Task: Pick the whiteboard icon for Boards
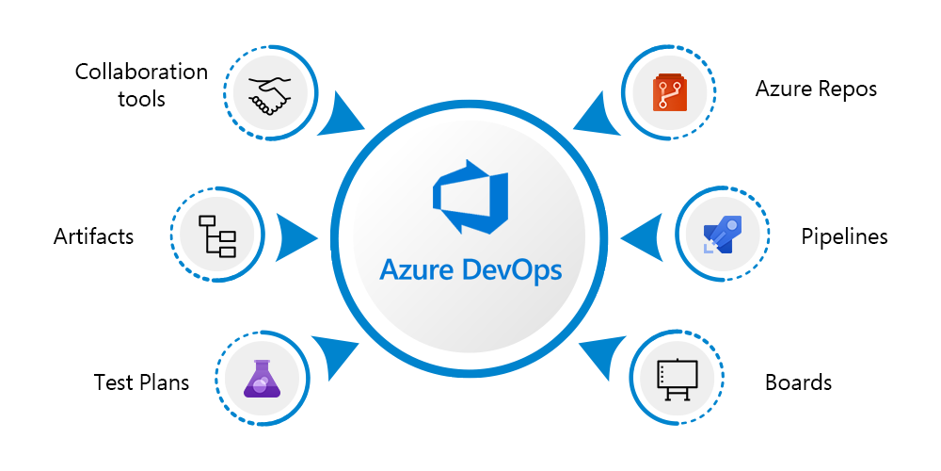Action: tap(675, 379)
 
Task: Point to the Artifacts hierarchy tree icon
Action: tap(215, 235)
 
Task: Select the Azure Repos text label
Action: tap(816, 89)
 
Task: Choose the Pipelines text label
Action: tap(844, 236)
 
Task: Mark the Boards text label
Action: tap(798, 382)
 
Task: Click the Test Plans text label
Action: tap(142, 382)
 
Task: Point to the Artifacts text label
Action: tap(94, 236)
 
